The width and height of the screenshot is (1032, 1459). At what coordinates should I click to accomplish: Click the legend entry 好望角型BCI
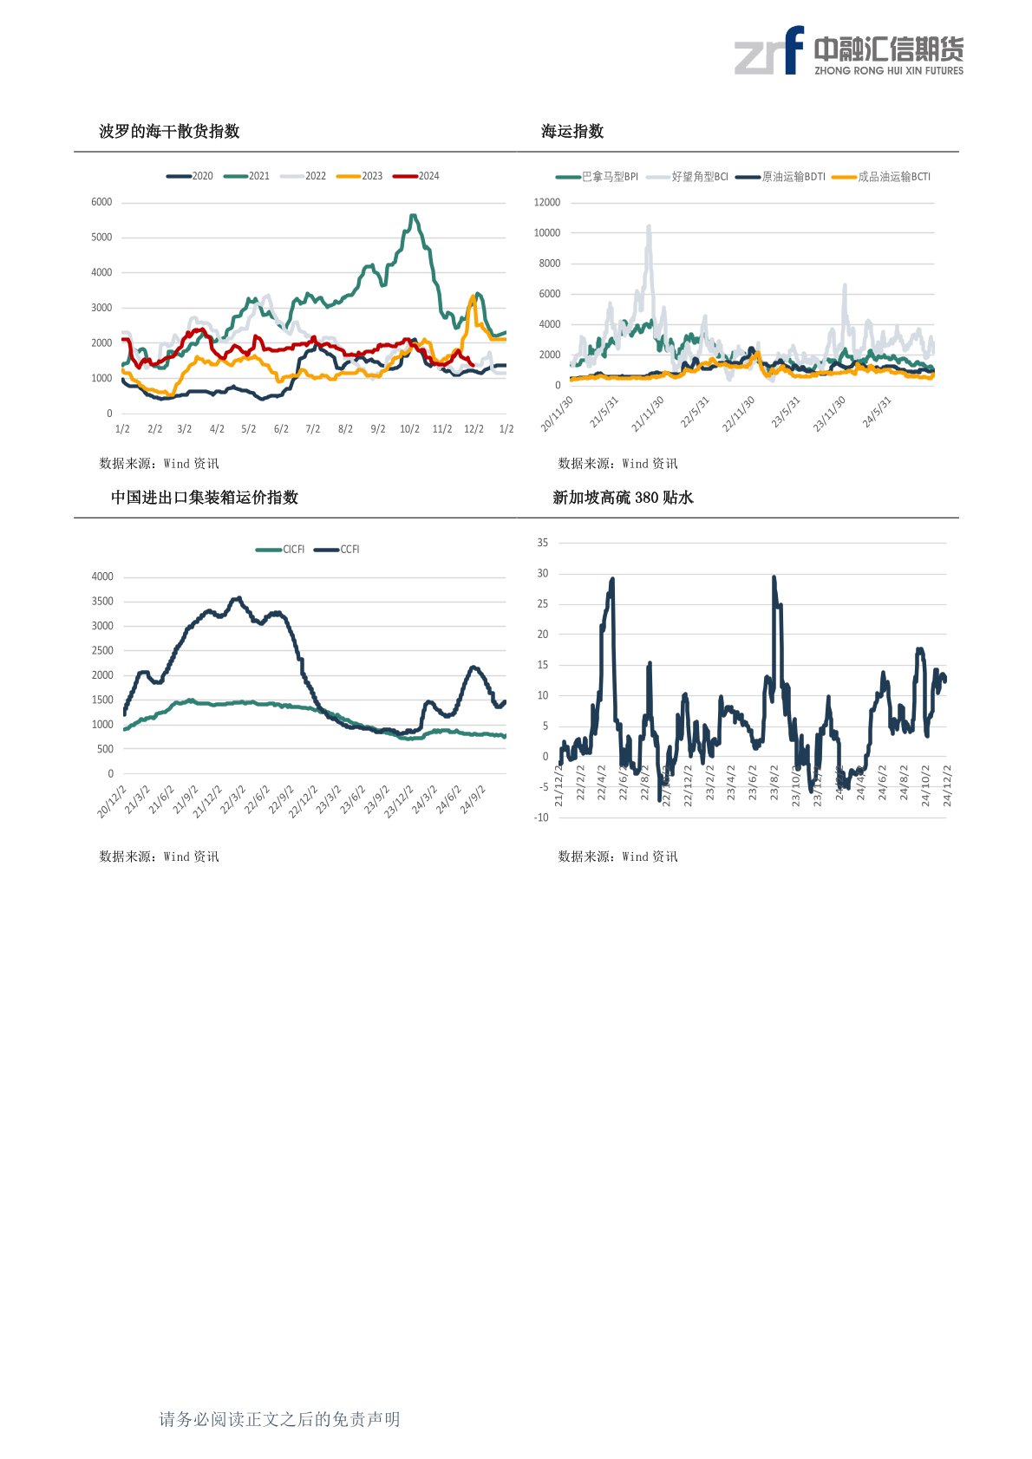689,177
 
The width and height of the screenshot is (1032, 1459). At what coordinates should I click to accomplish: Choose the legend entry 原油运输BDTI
781,177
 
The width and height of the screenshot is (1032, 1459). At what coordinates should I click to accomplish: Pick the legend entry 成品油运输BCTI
882,177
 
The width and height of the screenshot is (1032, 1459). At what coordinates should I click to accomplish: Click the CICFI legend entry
281,550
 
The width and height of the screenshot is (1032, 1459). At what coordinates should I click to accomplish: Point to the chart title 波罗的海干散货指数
169,132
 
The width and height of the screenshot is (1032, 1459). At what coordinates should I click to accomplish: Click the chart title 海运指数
572,132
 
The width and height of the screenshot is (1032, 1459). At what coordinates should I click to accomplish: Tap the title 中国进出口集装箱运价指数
205,498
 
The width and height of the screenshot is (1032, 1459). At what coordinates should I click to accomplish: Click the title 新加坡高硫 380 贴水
623,498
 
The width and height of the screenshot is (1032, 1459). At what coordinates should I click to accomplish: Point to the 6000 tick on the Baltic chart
101,202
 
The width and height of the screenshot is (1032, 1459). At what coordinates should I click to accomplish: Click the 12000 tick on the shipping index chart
547,202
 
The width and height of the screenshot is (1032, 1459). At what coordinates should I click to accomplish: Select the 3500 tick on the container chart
102,601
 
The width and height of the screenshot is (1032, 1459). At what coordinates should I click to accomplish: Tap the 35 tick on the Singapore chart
543,543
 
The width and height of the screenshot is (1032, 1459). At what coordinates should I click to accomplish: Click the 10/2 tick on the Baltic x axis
409,429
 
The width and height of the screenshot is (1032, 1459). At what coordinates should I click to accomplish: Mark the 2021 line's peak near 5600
413,216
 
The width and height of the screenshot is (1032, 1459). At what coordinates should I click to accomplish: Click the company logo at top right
849,51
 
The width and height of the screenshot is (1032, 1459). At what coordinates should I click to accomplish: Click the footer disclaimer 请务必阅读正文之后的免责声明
279,1419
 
